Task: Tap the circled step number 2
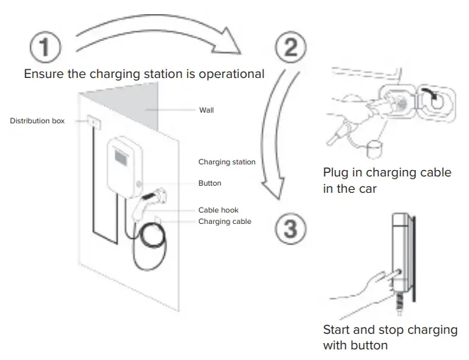click(290, 48)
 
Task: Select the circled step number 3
click(290, 229)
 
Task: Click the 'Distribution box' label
click(37, 121)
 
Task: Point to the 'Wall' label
click(206, 111)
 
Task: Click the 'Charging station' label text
click(227, 162)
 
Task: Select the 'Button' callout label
click(210, 184)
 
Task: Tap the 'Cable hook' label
click(218, 210)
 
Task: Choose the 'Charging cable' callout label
click(225, 222)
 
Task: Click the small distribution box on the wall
click(93, 122)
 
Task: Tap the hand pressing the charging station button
click(361, 287)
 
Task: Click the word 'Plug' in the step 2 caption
click(336, 173)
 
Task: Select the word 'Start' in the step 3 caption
click(337, 330)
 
